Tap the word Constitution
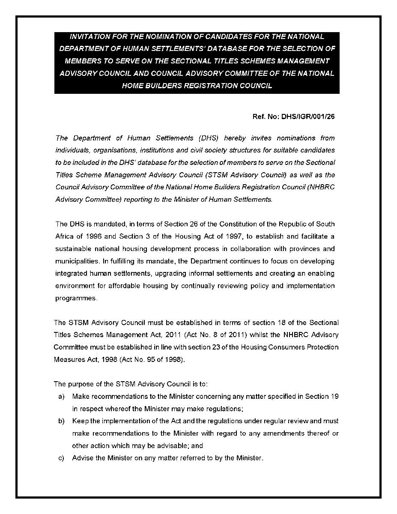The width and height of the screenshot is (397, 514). point(239,224)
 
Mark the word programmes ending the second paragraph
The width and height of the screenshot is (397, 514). point(76,298)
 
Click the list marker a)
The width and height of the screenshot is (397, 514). point(61,396)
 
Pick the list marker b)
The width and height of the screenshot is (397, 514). point(61,421)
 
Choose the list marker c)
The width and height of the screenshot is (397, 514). point(61,458)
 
